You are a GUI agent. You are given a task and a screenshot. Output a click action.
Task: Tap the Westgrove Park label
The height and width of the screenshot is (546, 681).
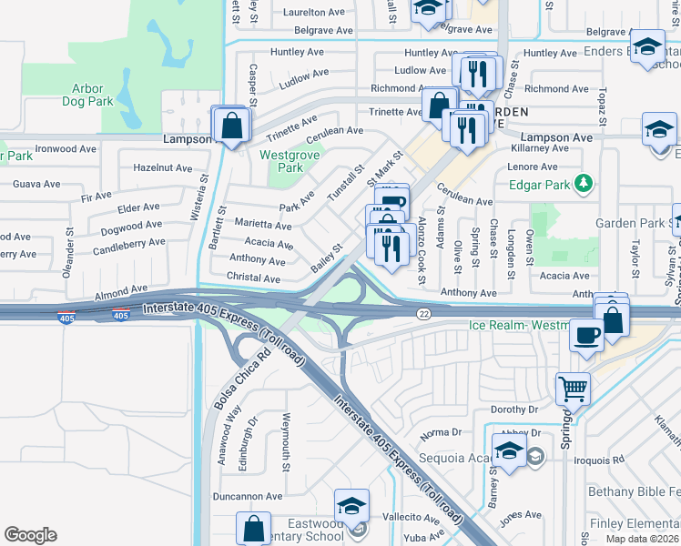tap(280, 161)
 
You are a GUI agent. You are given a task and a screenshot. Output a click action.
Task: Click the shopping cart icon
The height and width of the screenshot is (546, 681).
tap(574, 389)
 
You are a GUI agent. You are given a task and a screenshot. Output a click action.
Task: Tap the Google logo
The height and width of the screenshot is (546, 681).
tap(30, 535)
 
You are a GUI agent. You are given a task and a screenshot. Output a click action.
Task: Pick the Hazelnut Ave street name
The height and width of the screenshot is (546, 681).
tap(163, 168)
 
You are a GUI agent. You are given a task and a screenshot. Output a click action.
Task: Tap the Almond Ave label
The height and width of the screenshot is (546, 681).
tap(121, 290)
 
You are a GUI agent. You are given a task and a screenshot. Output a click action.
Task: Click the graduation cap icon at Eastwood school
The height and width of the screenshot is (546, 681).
tap(351, 505)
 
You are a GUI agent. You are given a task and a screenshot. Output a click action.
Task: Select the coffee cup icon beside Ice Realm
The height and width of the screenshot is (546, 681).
tap(585, 334)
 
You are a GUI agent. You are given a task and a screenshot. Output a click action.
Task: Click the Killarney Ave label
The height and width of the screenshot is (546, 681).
tap(540, 147)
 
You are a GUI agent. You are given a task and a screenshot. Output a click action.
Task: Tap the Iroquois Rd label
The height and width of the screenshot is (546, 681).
tap(598, 460)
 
